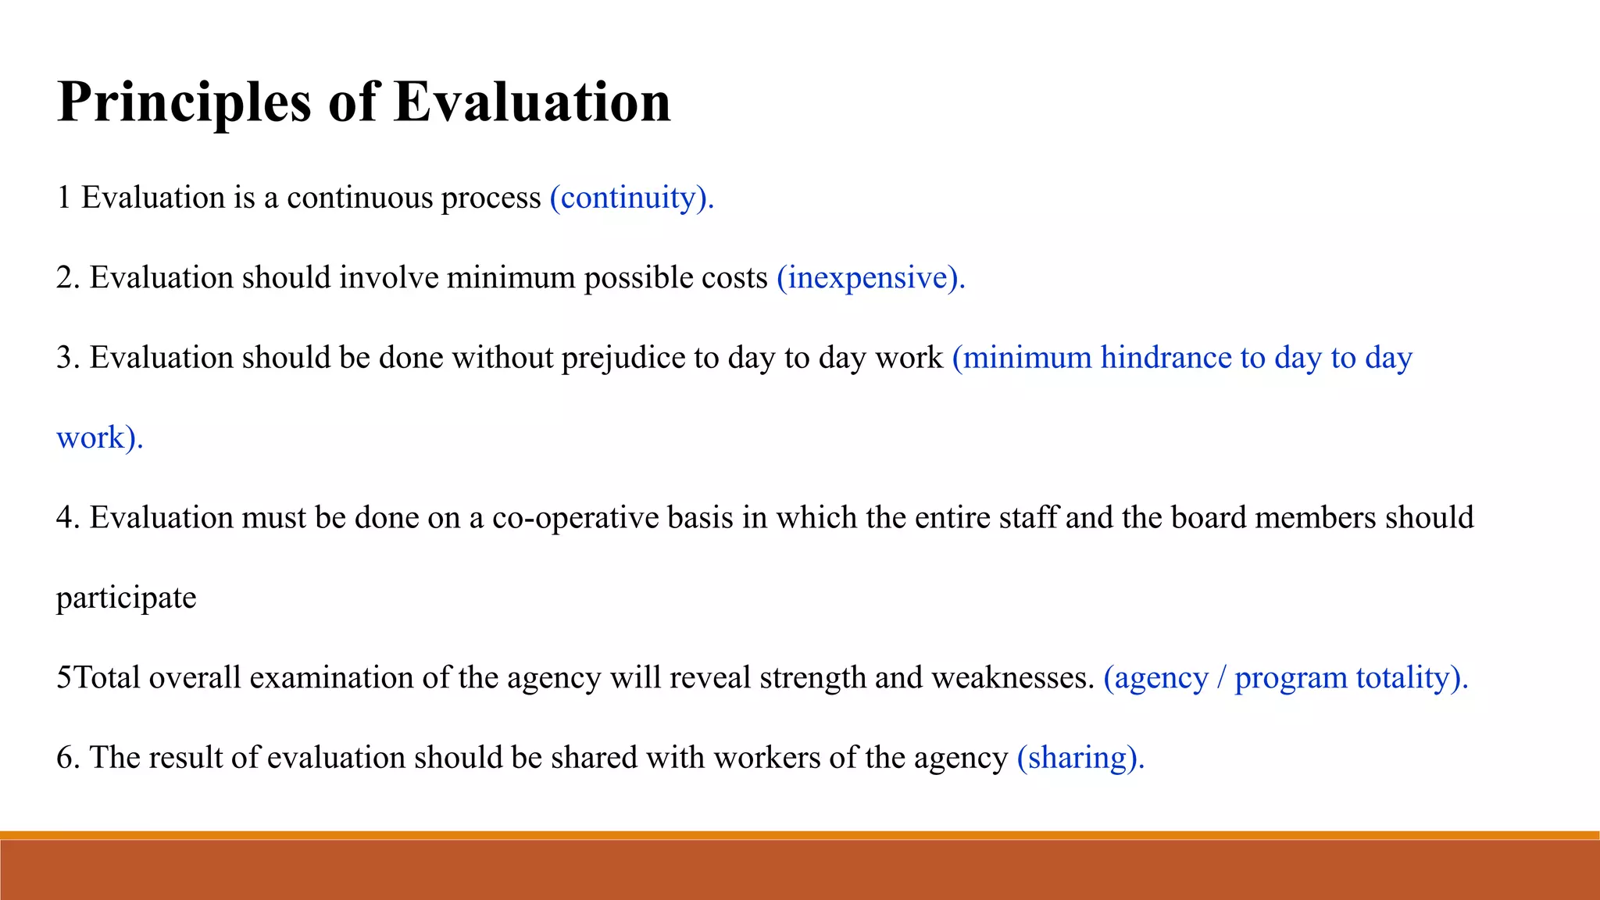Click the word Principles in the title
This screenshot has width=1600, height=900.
point(184,103)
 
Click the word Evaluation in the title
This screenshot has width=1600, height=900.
point(531,102)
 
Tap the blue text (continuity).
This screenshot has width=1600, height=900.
point(631,198)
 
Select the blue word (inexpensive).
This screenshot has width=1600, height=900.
point(870,278)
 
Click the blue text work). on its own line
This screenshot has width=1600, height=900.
point(99,437)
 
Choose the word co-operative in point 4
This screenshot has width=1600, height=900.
point(575,518)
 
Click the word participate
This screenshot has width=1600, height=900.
point(126,598)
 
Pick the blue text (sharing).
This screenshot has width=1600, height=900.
point(1080,758)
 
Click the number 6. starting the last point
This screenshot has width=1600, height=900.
point(67,758)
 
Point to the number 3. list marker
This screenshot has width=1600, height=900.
point(67,358)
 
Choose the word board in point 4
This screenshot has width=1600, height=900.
point(1208,518)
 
